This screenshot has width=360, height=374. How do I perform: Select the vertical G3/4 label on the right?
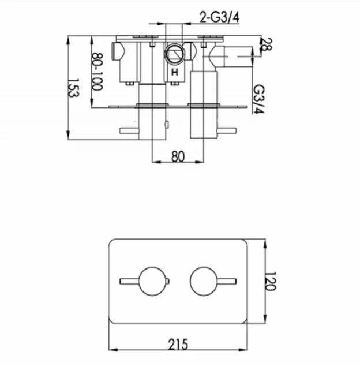click(x=259, y=99)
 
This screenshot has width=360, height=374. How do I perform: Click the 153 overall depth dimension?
click(x=73, y=88)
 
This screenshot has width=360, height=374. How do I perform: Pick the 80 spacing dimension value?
click(x=178, y=155)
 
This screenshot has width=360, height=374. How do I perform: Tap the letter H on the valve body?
click(x=174, y=72)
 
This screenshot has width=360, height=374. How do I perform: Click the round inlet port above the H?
click(x=174, y=55)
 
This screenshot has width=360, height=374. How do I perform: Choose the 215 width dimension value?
click(x=178, y=344)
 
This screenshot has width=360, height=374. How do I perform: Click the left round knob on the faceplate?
click(x=152, y=282)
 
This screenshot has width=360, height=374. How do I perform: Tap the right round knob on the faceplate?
click(x=205, y=282)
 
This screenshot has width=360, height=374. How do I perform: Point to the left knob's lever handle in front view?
click(x=129, y=282)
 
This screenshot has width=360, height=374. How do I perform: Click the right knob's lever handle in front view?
click(x=227, y=282)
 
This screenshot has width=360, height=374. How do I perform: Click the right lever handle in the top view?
click(x=227, y=131)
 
